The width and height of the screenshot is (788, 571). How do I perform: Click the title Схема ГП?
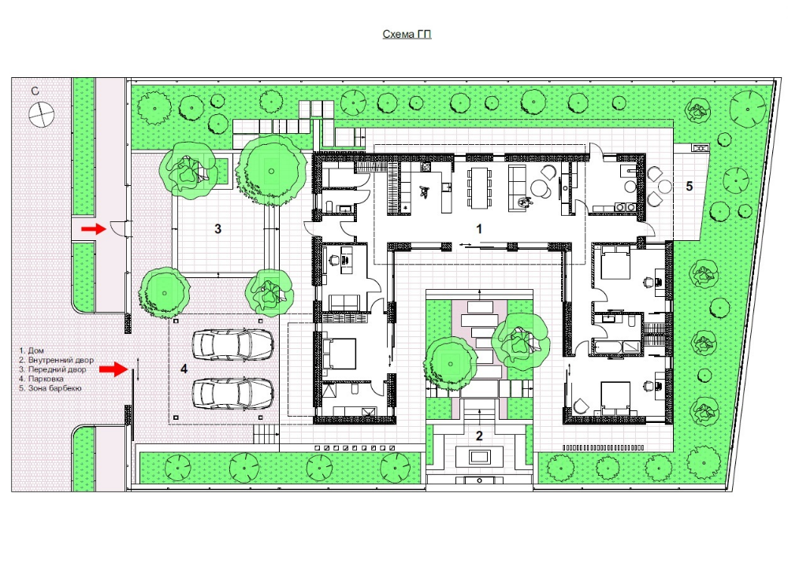coord(407,34)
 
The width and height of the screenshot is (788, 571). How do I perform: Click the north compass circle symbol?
coord(41,114)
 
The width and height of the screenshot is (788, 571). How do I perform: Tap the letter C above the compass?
coord(35,91)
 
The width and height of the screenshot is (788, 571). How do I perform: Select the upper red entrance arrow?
coord(94,229)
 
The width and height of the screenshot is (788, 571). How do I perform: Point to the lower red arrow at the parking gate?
coord(113,369)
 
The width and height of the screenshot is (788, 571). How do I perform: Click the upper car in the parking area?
coord(233,344)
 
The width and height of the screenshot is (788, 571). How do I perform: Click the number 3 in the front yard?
coord(217,229)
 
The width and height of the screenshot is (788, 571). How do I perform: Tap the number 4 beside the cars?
coord(184,369)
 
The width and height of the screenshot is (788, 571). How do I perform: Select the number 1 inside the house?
coord(479,229)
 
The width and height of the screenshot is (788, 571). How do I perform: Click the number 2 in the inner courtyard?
coord(479,436)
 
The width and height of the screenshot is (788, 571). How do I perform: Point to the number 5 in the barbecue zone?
coord(689,187)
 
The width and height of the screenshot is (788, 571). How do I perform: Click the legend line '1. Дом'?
coord(32,350)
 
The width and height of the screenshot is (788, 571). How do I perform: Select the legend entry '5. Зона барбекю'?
coord(50,388)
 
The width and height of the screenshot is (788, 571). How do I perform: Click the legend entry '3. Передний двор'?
coord(53,369)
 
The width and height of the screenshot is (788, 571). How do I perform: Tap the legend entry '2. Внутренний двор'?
coord(56,360)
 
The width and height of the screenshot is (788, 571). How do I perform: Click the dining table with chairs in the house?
coord(479,187)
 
